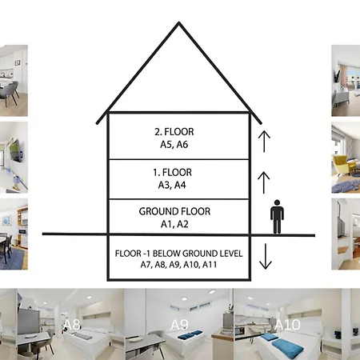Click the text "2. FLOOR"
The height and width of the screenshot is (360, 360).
click(x=174, y=132)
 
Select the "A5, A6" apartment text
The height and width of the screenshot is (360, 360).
click(x=174, y=144)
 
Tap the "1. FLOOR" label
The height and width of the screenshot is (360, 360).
click(x=172, y=172)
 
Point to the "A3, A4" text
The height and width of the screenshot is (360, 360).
click(x=172, y=185)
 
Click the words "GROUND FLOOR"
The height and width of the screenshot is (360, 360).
click(x=174, y=211)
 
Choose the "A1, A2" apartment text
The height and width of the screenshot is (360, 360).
click(x=174, y=224)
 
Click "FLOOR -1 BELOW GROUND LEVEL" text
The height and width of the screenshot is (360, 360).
click(x=179, y=254)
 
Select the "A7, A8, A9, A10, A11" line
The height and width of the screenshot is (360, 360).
click(x=178, y=265)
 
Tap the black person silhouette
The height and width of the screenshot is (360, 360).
click(x=277, y=217)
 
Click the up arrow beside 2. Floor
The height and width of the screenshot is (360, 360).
click(x=264, y=142)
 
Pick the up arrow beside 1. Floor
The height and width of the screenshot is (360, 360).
click(x=264, y=182)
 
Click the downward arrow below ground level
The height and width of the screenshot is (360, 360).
click(x=266, y=256)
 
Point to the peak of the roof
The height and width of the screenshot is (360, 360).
click(x=179, y=22)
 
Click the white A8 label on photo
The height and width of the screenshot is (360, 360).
click(x=72, y=325)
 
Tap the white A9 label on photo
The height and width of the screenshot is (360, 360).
click(x=179, y=325)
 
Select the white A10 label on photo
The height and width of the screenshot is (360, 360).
click(x=287, y=325)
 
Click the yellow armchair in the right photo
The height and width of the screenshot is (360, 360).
click(x=342, y=165)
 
